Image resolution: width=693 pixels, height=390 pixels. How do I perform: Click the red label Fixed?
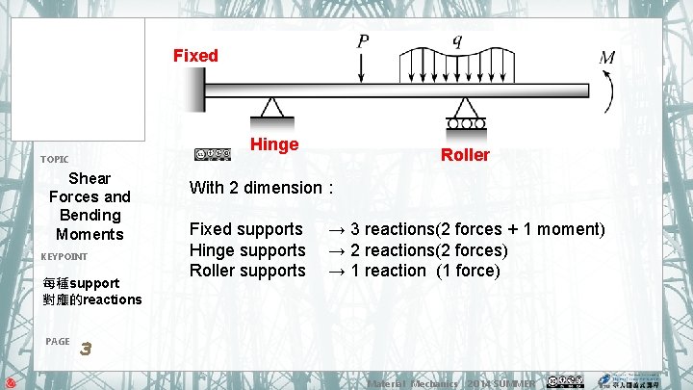pyautogui.click(x=195, y=56)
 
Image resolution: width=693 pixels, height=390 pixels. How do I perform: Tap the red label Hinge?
pyautogui.click(x=273, y=144)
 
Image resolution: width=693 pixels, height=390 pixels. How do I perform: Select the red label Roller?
pyautogui.click(x=465, y=155)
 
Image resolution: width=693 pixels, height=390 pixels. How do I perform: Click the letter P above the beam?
pyautogui.click(x=363, y=41)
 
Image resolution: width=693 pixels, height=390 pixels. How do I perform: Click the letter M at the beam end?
pyautogui.click(x=607, y=58)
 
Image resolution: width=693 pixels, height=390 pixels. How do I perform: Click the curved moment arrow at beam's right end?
pyautogui.click(x=609, y=91)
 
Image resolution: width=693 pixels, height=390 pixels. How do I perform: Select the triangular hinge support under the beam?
pyautogui.click(x=272, y=108)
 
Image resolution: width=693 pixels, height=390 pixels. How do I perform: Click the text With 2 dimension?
pyautogui.click(x=261, y=188)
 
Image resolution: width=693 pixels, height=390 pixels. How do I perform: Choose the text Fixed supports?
pyautogui.click(x=245, y=229)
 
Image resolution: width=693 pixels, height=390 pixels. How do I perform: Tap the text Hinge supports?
pyautogui.click(x=247, y=250)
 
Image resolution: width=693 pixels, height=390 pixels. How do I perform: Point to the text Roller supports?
pyautogui.click(x=247, y=271)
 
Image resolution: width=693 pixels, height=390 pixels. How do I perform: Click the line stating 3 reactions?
pyautogui.click(x=467, y=229)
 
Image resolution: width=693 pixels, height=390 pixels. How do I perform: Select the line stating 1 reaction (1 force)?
pyautogui.click(x=414, y=271)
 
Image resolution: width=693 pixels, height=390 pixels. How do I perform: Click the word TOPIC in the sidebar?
pyautogui.click(x=54, y=159)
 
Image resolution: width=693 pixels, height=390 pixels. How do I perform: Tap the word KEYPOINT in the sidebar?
pyautogui.click(x=64, y=256)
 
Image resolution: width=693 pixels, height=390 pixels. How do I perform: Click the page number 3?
pyautogui.click(x=85, y=348)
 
